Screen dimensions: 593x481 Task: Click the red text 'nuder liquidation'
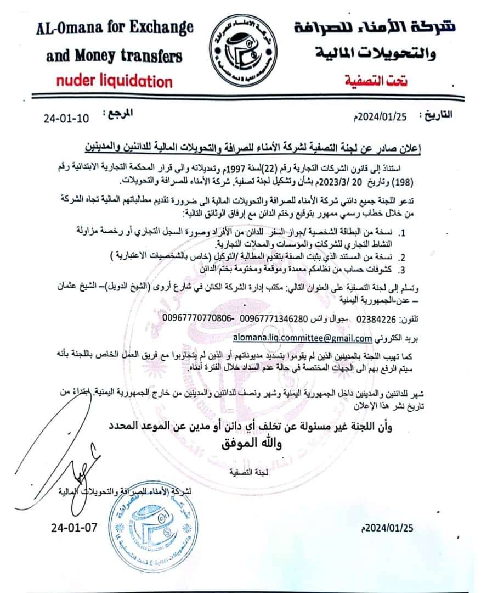coord(113,81)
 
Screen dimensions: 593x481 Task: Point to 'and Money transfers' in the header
coord(114,55)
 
